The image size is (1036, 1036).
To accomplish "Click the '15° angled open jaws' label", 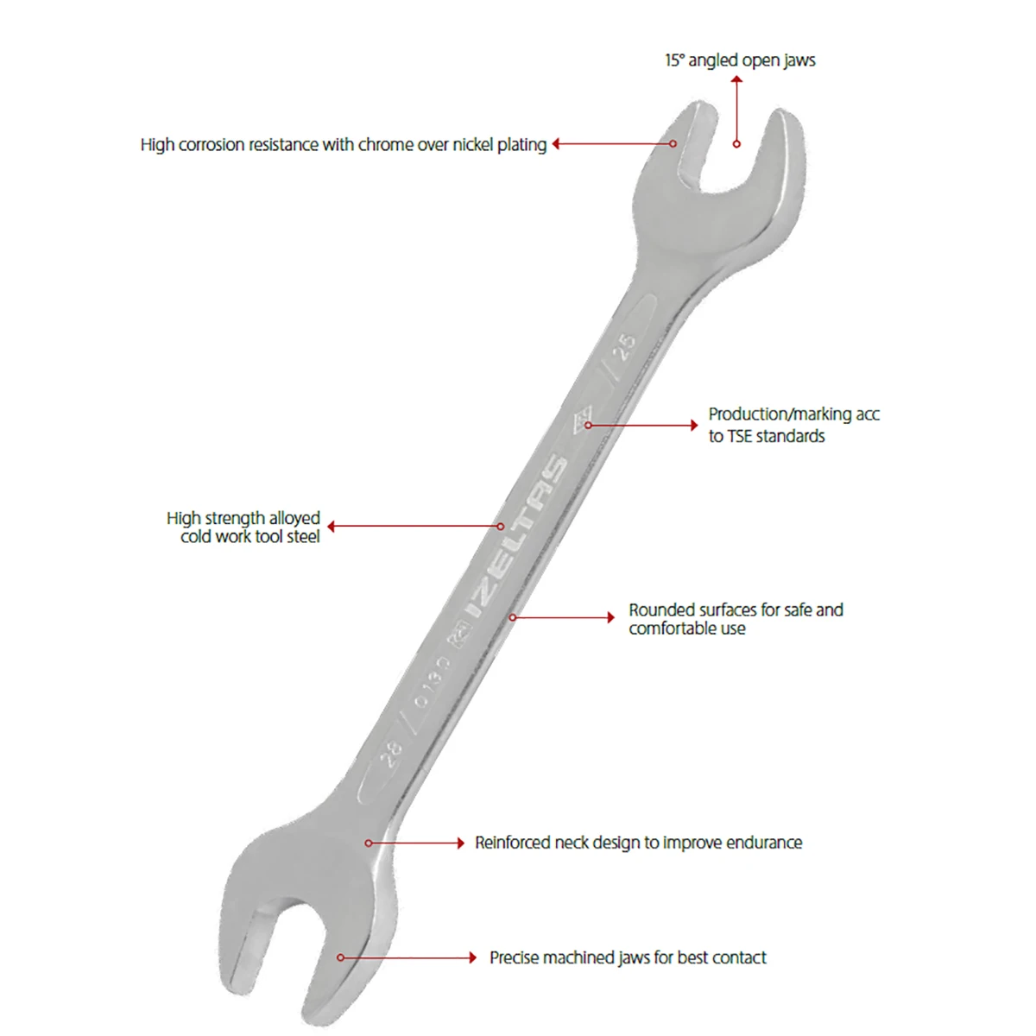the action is coord(740,60).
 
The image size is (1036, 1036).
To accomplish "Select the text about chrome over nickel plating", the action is coord(344,145).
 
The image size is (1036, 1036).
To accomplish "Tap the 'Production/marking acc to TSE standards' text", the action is coord(793,425).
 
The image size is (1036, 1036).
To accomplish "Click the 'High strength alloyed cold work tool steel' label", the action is coord(243,527).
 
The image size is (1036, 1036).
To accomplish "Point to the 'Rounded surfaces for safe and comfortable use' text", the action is coord(736,619).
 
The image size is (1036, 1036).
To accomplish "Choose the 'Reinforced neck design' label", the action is coord(638,843).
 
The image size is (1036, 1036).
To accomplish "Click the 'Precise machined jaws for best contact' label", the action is coord(628,957).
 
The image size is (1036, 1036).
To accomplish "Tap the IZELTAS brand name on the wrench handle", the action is coord(516,536).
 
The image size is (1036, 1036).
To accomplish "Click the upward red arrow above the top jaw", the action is coord(736,111).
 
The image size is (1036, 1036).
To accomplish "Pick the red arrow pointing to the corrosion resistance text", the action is coord(614,143).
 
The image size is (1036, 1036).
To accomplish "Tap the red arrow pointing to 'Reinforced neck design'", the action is coord(414,843).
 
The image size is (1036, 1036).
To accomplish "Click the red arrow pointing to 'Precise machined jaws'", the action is coord(407,957).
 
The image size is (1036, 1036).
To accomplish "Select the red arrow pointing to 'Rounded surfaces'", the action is coord(562,617).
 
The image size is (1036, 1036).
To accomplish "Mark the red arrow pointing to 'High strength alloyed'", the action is coord(415,527).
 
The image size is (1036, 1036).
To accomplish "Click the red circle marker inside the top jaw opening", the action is coord(736,144).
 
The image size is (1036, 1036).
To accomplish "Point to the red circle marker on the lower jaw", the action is coord(340,957).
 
